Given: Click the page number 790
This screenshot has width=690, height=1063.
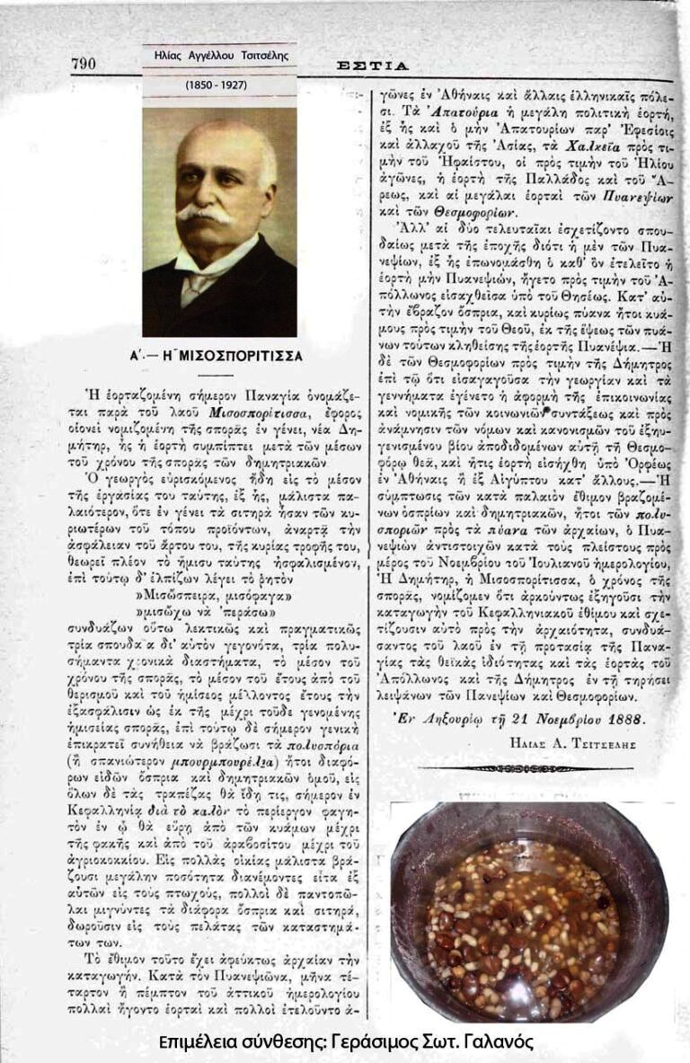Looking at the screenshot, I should (84, 64).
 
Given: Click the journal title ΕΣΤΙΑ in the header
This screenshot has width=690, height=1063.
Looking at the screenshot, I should (372, 66).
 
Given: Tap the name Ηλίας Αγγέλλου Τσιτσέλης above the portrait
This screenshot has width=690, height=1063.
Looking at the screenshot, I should (218, 55).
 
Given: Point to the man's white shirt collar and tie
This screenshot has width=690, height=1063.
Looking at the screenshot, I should (197, 284).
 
